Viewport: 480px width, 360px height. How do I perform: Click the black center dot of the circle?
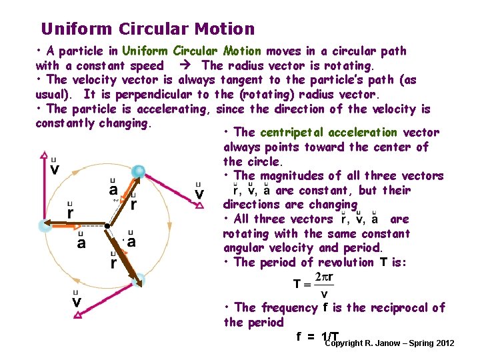[x=107, y=225]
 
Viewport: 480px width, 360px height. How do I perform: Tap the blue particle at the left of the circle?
[x=45, y=225]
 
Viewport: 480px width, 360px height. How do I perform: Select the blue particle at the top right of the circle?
[x=138, y=172]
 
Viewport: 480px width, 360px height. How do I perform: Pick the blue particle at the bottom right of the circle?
[x=138, y=281]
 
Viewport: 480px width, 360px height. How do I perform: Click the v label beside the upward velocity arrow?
[x=53, y=169]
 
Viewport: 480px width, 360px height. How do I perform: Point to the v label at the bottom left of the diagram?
[x=76, y=302]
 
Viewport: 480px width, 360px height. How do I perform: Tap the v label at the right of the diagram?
[x=199, y=193]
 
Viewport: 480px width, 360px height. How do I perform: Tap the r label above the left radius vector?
[x=71, y=213]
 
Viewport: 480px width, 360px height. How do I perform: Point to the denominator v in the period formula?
[x=324, y=293]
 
